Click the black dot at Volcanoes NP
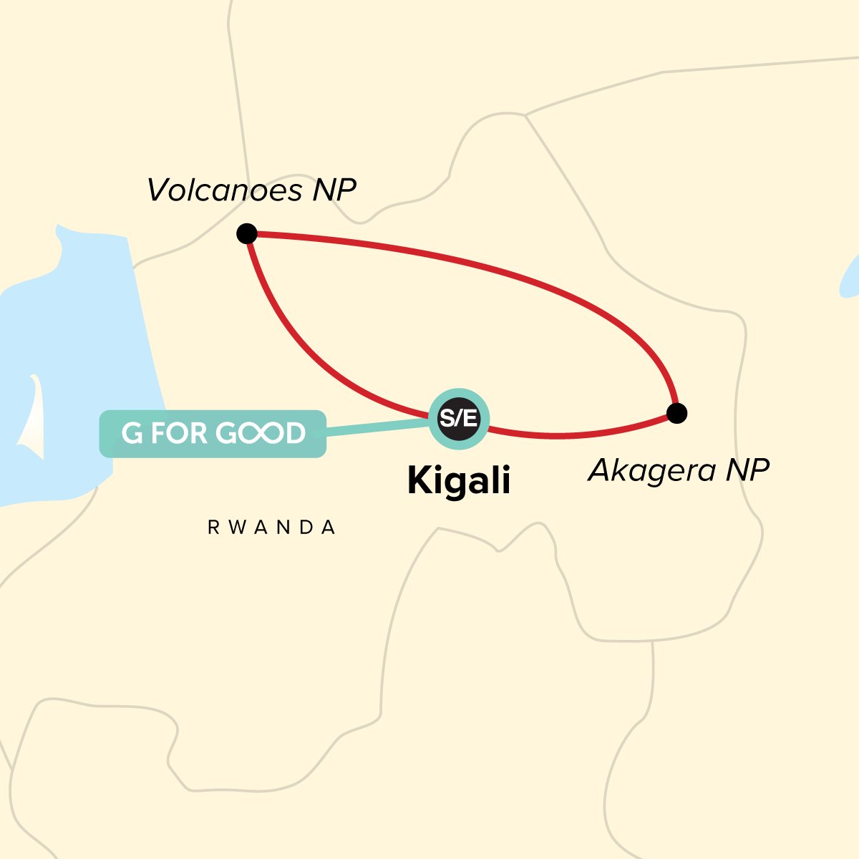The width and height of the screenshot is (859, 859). [x=247, y=233]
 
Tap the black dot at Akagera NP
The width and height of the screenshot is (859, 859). [x=676, y=413]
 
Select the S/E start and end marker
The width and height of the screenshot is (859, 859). [x=458, y=419]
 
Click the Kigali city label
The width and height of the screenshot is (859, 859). [x=459, y=481]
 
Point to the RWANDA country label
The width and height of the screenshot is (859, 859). [x=272, y=528]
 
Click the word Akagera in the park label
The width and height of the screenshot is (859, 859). [x=652, y=470]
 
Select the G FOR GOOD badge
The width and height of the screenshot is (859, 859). [x=213, y=433]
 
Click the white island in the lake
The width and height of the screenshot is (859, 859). [x=32, y=422]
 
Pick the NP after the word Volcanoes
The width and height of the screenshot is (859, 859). [x=334, y=190]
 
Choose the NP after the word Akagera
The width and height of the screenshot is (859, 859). [x=747, y=470]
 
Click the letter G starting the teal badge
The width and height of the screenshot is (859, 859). [x=132, y=433]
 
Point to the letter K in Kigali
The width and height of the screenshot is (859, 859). [x=420, y=480]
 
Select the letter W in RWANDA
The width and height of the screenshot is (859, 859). [x=233, y=528]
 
